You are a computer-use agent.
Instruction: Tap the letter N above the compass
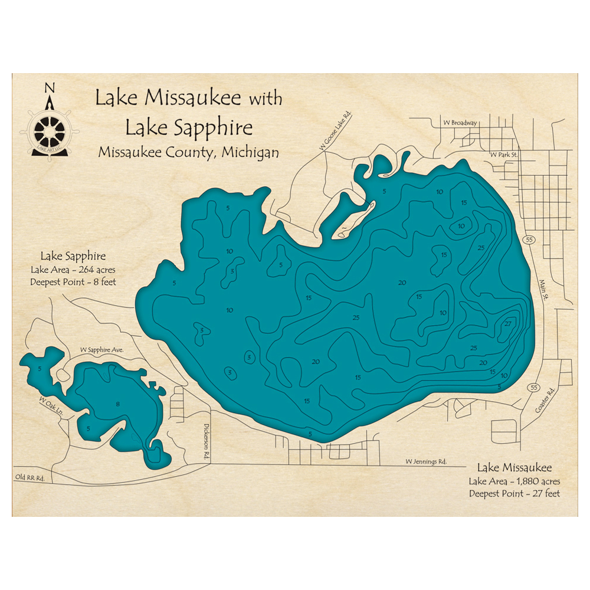pos(49,88)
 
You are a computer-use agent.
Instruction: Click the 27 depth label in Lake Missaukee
pos(507,324)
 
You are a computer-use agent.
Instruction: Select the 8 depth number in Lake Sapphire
pos(118,404)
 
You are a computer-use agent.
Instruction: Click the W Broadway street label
pos(460,123)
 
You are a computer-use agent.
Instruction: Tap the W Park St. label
pos(503,155)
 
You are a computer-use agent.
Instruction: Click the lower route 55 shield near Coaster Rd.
pos(534,387)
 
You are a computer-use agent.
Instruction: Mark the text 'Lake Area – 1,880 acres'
pos(514,481)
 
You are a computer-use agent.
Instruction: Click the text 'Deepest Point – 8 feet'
pos(73,282)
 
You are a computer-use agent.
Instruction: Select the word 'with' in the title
pos(265,99)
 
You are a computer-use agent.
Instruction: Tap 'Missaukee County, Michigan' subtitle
pos(188,152)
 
